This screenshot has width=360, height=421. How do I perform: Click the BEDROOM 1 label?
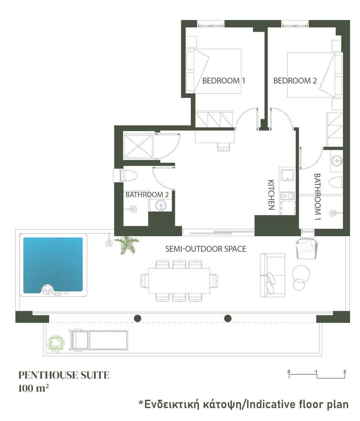pos(224,81)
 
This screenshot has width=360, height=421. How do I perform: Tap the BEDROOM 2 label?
pos(295,81)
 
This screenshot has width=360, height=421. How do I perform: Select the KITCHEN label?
pos(271,195)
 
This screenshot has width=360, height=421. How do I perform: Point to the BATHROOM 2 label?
pos(147,194)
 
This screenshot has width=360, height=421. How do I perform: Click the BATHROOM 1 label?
pos(318,197)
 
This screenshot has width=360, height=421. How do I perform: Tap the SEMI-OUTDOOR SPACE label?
pos(206,249)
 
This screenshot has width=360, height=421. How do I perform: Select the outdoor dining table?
pos(179,281)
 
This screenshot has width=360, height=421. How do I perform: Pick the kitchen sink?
pos(287,175)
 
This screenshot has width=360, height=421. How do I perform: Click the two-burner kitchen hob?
pos(287,196)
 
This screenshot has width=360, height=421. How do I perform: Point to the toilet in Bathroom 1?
pos(335,181)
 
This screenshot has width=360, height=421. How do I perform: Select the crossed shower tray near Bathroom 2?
pos(138,146)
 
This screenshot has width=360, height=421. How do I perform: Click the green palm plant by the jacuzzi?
pos(127,245)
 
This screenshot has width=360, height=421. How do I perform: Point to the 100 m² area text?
pos(33,388)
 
